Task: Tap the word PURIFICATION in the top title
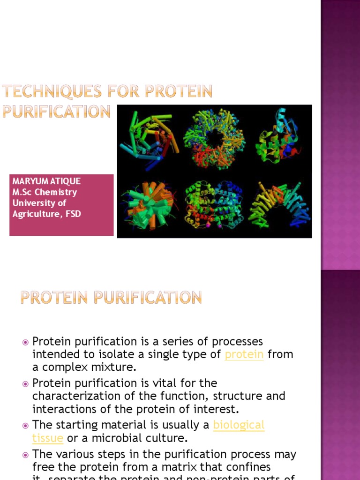pyautogui.click(x=56, y=112)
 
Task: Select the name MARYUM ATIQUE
pyautogui.click(x=46, y=181)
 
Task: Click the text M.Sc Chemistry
pyautogui.click(x=45, y=192)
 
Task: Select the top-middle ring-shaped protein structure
pyautogui.click(x=214, y=139)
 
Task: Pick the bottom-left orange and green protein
pyautogui.click(x=147, y=206)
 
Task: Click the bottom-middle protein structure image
pyautogui.click(x=214, y=205)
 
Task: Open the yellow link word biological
pyautogui.click(x=239, y=425)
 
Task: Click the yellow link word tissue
pyautogui.click(x=47, y=438)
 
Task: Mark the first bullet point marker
pyautogui.click(x=26, y=342)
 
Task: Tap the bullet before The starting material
pyautogui.click(x=26, y=426)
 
